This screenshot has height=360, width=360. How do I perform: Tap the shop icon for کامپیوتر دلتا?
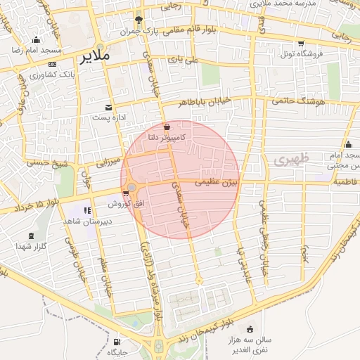pos(167,127)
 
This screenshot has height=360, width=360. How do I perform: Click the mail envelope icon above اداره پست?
pos(108,107)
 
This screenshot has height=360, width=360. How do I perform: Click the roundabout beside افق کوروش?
pos(131,187)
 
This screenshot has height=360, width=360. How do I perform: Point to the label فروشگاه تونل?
pos(301,53)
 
